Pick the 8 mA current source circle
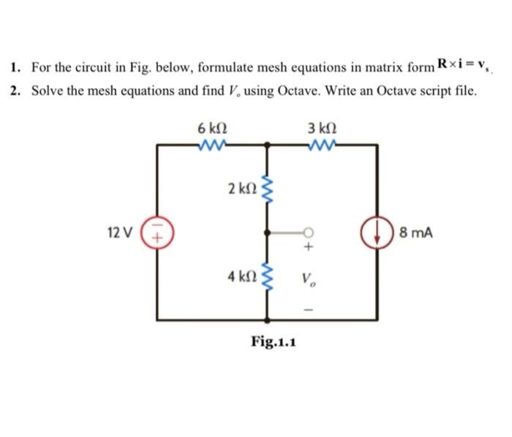tap(377, 232)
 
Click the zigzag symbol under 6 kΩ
tap(212, 144)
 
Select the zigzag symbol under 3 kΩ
tap(323, 144)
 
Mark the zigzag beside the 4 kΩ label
tap(267, 278)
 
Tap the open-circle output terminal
tap(309, 232)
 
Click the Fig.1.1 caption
tap(273, 341)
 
